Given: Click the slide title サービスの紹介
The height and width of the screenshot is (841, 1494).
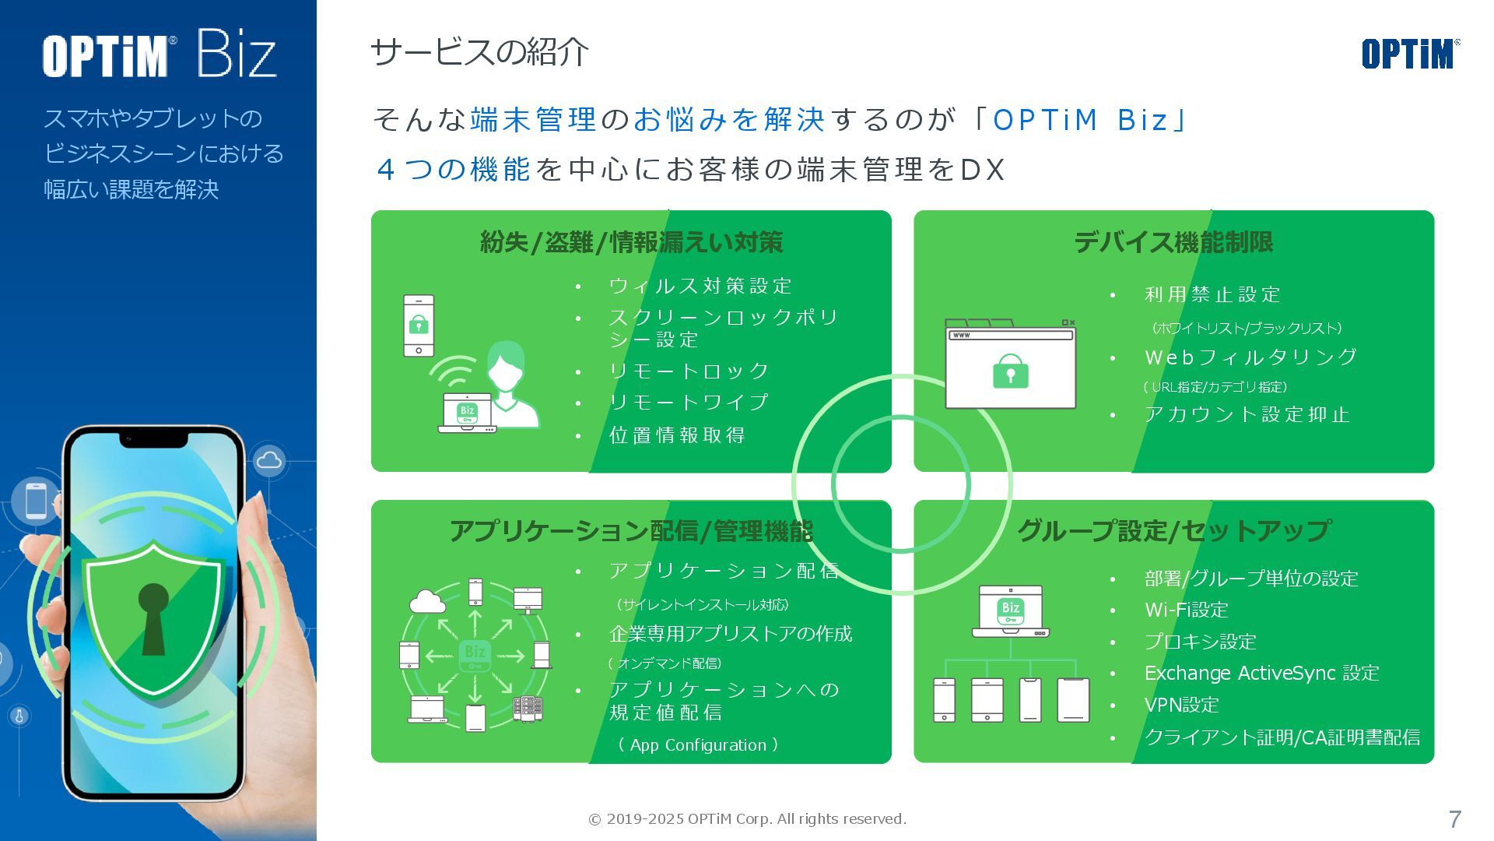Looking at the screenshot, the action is (479, 52).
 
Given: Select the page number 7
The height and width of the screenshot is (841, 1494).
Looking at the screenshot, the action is (1454, 819).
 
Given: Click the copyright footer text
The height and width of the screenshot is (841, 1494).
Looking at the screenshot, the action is (747, 819).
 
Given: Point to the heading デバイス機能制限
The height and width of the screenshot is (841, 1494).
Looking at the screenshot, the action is (1173, 242).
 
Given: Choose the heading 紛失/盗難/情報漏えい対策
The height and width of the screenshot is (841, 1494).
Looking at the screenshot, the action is (631, 242).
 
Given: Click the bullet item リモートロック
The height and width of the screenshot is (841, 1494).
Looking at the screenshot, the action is (689, 371).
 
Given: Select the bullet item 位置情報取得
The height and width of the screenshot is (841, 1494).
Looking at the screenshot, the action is (677, 435).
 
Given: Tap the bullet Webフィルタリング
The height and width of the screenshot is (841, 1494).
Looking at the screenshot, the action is (1250, 357).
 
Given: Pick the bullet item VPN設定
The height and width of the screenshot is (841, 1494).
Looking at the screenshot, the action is (1181, 705).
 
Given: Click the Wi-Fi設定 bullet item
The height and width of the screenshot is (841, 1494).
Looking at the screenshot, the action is (1186, 610).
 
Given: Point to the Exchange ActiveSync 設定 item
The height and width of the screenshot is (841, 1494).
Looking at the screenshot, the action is (1261, 673).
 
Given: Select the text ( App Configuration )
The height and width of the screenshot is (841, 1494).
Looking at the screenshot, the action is (698, 745).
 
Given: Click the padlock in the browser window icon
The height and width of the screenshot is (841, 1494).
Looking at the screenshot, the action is (1010, 372).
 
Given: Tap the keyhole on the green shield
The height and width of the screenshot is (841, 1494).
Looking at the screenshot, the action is (153, 615).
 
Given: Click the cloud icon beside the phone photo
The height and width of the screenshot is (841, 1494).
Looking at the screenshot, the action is (269, 460).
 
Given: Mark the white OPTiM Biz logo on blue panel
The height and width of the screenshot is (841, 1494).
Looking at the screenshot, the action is (160, 55).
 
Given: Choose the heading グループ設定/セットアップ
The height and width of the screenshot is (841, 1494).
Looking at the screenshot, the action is (1173, 531).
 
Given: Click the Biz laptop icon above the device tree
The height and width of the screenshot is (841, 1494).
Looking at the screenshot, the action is (1010, 612).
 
